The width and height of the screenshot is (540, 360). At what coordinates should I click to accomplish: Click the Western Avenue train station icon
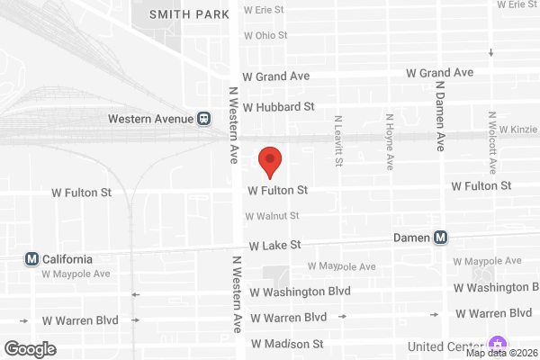pyautogui.click(x=204, y=118)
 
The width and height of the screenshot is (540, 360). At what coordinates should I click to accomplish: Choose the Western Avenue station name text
pyautogui.click(x=150, y=118)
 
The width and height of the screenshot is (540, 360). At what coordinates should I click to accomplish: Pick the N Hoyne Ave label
pyautogui.click(x=390, y=141)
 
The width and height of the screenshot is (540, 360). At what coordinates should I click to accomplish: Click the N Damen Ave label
pyautogui.click(x=440, y=117)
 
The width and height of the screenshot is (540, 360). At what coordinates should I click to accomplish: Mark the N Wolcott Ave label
pyautogui.click(x=491, y=142)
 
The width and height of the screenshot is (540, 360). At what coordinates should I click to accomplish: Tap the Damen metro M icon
pyautogui.click(x=440, y=238)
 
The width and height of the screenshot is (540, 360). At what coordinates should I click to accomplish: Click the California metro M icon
pyautogui.click(x=32, y=258)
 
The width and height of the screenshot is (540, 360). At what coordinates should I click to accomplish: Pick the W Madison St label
pyautogui.click(x=286, y=344)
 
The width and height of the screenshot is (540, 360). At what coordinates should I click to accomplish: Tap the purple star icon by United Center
pyautogui.click(x=496, y=345)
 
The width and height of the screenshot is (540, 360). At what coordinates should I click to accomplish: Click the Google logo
pyautogui.click(x=30, y=349)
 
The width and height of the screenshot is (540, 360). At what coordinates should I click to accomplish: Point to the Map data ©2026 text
pyautogui.click(x=501, y=353)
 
